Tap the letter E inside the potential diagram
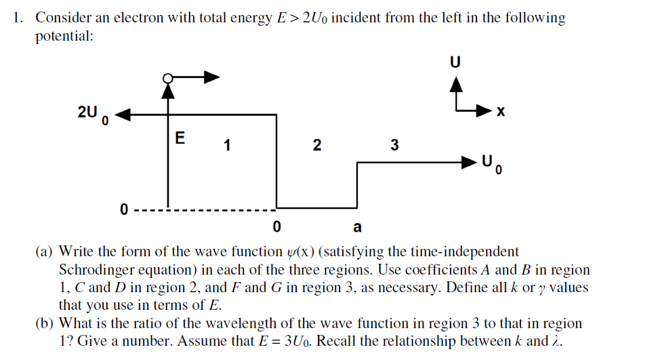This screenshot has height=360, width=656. click(180, 138)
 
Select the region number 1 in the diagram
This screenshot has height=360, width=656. click(227, 144)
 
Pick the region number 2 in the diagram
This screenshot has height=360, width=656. click(315, 144)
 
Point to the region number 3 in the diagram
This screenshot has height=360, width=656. click(394, 144)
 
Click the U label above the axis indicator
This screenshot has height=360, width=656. click(455, 62)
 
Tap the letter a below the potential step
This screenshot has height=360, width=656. click(357, 226)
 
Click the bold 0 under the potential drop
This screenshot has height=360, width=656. click(276, 226)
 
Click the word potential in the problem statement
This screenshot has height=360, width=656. click(64, 36)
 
